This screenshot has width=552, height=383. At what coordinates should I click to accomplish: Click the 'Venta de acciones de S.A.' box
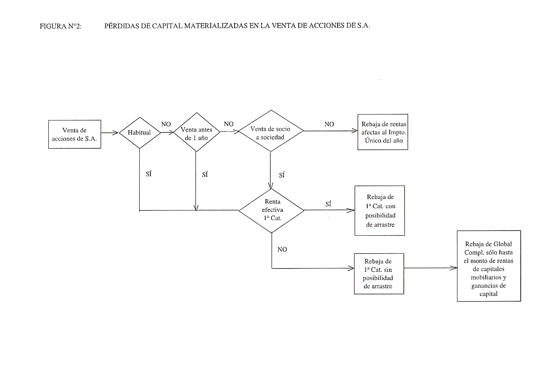74,134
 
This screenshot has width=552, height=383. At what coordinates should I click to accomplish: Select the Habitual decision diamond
140,133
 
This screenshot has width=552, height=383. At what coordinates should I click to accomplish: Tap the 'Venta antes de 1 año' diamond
196,132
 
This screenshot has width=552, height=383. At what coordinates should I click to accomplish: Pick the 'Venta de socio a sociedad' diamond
271,131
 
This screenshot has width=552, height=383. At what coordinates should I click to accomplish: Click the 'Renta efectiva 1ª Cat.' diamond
271,210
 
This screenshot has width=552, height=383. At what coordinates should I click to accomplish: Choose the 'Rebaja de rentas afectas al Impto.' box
383,132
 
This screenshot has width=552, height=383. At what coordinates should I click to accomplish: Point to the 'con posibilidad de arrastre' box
380,210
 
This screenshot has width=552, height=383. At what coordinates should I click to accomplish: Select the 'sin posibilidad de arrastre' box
379,274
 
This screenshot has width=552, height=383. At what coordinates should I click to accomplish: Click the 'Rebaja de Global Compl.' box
489,266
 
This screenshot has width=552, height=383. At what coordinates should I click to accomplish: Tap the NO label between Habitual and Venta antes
166,124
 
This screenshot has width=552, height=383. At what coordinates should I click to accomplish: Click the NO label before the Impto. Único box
329,124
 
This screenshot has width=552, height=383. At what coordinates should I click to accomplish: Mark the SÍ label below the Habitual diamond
149,174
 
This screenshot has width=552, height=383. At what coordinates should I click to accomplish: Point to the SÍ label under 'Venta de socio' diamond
282,175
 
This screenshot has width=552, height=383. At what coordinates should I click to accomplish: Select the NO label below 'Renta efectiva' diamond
282,250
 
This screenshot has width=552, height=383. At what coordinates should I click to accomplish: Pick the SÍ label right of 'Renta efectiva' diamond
328,204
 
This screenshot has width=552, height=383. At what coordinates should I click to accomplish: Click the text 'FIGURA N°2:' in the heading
61,26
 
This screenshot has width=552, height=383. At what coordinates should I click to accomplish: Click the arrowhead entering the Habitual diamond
116,133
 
